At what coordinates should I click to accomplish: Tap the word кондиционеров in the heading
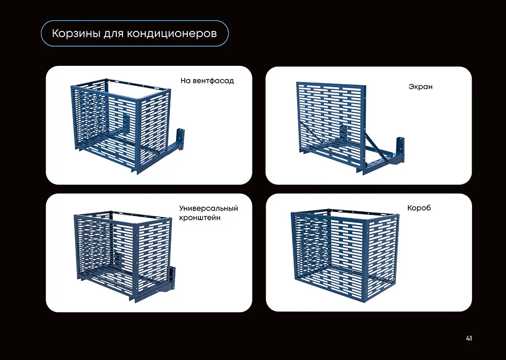(172, 33)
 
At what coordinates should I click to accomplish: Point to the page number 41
(469, 338)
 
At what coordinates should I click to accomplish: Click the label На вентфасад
(207, 81)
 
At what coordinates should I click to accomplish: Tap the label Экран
(420, 87)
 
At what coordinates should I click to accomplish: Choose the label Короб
(419, 208)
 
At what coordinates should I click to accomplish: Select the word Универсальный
(208, 208)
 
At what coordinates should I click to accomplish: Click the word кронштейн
(200, 218)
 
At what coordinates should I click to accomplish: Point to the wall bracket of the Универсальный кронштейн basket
(172, 278)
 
